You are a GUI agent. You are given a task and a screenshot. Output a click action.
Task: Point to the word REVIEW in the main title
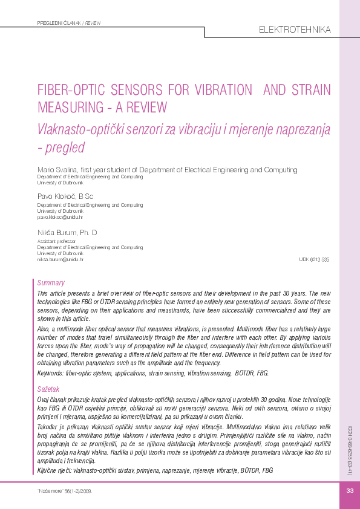tap(145, 108)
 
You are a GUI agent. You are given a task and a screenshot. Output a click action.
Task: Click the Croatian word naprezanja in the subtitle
tap(290, 128)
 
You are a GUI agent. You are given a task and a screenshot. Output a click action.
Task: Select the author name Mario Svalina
tap(57, 170)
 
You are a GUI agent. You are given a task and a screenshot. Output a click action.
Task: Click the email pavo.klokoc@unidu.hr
tap(60, 216)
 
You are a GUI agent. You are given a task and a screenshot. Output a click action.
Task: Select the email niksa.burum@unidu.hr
tap(60, 259)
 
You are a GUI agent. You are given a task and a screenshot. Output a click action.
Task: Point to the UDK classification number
tap(314, 259)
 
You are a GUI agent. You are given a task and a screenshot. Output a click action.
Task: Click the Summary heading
tap(51, 283)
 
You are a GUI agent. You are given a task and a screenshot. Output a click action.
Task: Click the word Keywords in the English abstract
tap(51, 373)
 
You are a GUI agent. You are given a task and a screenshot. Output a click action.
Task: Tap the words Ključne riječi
tap(53, 470)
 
